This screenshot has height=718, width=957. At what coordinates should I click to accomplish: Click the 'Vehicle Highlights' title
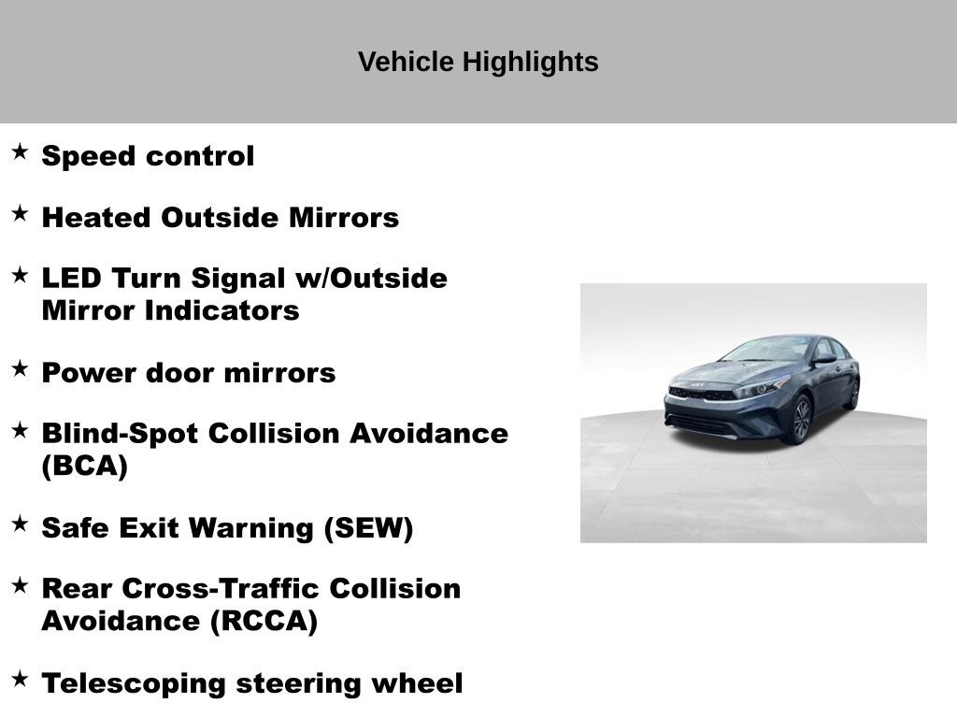pos(478,62)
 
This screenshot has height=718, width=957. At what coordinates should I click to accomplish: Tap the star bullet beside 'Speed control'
pos(20,151)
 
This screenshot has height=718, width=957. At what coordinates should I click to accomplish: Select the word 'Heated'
pos(97,218)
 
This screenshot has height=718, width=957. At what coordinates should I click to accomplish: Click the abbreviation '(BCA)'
pos(84,466)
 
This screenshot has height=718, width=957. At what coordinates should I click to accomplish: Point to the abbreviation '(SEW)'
pos(368,528)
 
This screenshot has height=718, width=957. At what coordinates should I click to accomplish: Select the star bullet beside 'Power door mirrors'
pos(20,368)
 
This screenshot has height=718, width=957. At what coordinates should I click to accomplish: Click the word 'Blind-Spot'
pos(121,434)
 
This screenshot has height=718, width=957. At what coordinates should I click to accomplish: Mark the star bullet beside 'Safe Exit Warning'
pos(20,524)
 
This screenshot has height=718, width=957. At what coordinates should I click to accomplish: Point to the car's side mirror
pos(824,359)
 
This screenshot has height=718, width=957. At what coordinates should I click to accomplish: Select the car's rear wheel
pos(851,394)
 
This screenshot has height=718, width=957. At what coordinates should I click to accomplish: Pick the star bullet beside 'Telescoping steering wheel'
pos(20,679)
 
